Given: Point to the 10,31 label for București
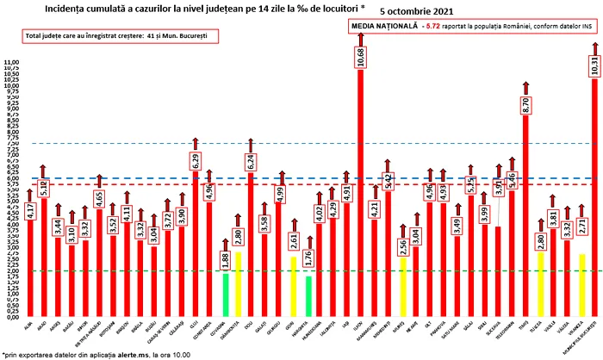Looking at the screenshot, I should coord(595,64).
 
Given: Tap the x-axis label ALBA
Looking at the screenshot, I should coord(30,329).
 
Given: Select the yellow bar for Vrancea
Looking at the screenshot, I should coord(582,285).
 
